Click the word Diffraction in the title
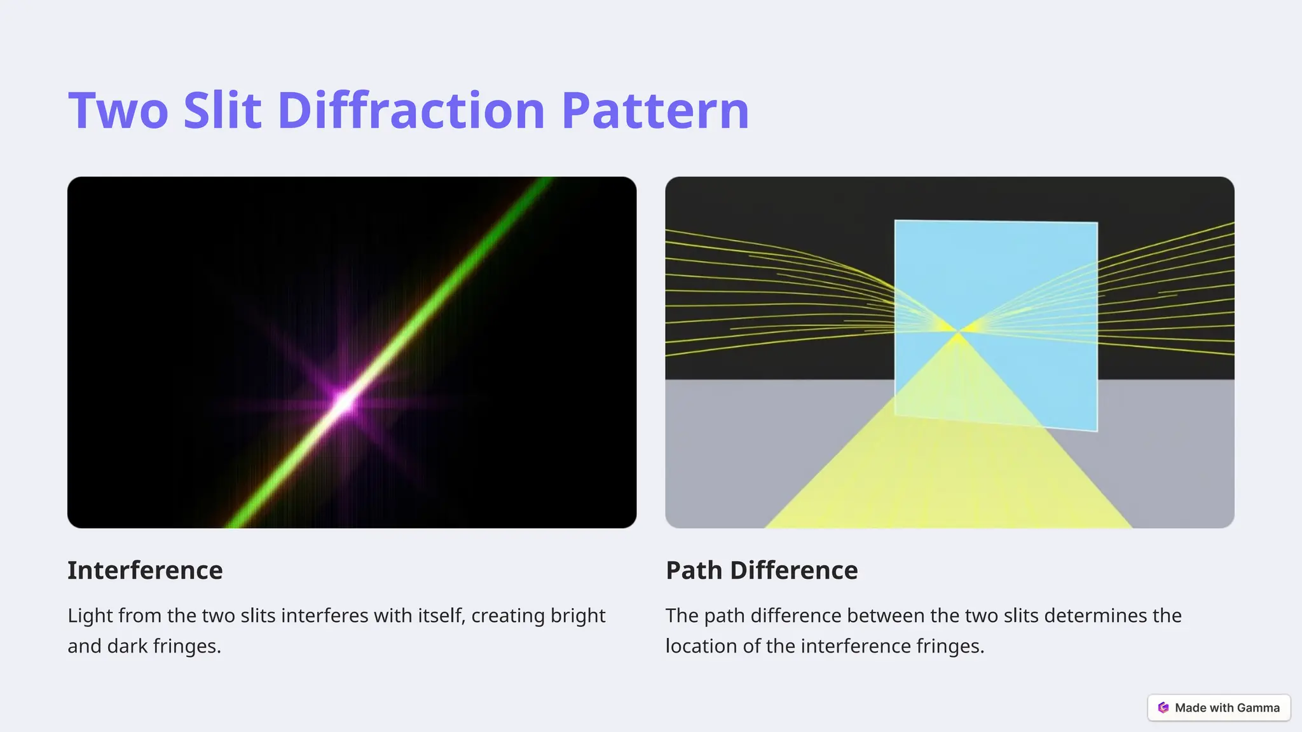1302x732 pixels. click(x=411, y=111)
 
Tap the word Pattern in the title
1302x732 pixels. click(x=655, y=111)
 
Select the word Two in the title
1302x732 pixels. click(x=118, y=111)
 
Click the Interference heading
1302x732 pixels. click(x=145, y=570)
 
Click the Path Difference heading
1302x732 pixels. click(x=762, y=570)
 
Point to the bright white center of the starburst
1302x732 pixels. click(x=344, y=403)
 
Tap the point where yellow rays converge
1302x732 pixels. click(x=957, y=331)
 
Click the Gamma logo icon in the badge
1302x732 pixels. click(x=1163, y=708)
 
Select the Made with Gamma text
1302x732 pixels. click(x=1227, y=708)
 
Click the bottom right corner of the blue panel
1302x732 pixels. click(x=1096, y=430)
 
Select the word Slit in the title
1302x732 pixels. click(x=223, y=111)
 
